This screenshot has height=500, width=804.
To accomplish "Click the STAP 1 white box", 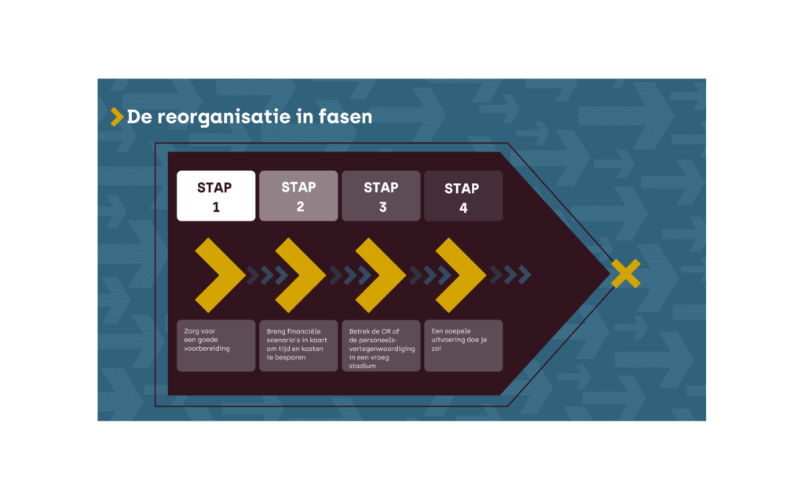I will (x=216, y=195).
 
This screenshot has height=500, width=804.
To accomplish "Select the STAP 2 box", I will (x=298, y=195).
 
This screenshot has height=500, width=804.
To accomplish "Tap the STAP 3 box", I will (x=381, y=195).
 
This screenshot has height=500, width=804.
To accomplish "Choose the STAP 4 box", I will (x=463, y=195).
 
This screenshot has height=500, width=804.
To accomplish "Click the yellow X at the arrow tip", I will (x=625, y=273).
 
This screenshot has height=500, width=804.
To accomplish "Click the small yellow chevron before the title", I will (x=117, y=117).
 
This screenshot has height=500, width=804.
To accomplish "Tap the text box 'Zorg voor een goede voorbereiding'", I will (x=216, y=345).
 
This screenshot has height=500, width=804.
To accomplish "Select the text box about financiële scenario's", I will (x=298, y=345).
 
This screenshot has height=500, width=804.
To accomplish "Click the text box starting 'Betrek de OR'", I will (x=381, y=345).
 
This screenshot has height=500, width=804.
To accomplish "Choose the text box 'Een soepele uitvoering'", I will (x=463, y=345).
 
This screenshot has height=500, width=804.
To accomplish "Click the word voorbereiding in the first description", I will (x=207, y=348).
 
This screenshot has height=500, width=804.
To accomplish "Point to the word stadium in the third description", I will (x=363, y=365).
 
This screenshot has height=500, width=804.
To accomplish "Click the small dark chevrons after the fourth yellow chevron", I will (x=511, y=275).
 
